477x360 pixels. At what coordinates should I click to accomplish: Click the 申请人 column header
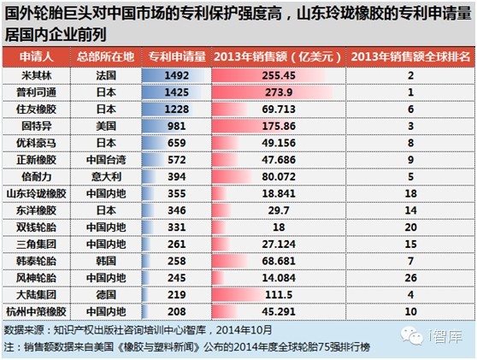37,56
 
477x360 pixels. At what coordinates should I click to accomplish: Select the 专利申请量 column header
177,56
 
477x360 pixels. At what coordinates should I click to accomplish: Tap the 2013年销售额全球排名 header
410,56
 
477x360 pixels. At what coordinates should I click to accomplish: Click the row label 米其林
37,75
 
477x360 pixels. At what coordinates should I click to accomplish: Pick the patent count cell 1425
177,92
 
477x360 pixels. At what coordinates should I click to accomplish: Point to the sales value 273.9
279,92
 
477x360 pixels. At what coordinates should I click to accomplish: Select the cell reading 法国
106,75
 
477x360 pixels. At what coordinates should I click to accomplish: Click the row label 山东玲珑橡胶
37,193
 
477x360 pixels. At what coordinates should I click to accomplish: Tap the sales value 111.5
279,294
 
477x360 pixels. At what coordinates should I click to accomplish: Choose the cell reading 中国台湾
106,160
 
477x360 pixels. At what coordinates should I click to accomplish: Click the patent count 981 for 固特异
177,126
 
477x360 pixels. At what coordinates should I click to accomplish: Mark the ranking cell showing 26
410,278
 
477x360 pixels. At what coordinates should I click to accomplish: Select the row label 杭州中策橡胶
37,311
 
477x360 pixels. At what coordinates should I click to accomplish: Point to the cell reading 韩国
106,261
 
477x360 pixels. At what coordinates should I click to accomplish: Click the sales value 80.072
279,176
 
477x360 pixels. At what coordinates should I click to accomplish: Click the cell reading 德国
106,294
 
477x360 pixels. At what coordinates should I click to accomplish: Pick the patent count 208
177,311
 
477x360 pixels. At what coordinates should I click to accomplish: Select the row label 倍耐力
37,176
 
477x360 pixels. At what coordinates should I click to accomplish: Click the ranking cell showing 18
410,193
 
